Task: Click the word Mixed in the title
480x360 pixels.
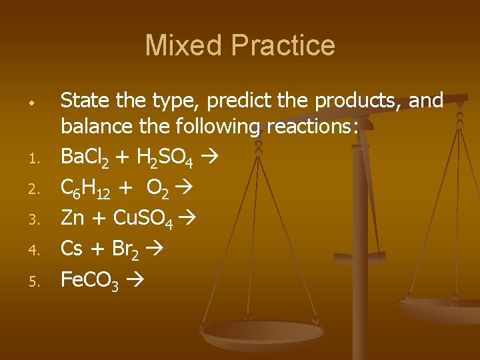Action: [184, 45]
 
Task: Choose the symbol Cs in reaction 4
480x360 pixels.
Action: [71, 249]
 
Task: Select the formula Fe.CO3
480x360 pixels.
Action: [89, 280]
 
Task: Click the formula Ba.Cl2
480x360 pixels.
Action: [89, 158]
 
